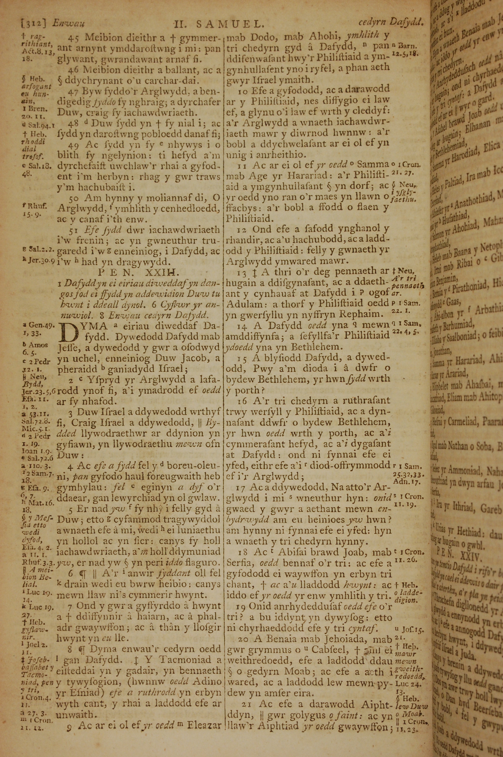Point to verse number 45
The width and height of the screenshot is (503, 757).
pos(73,37)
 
